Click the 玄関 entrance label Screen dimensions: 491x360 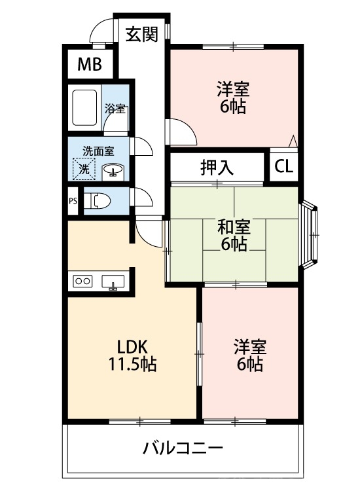(x=142, y=35)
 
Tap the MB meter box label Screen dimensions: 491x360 (x=89, y=64)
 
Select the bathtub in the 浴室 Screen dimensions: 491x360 (x=85, y=107)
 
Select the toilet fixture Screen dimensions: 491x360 (x=99, y=200)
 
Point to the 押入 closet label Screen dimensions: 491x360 (x=217, y=167)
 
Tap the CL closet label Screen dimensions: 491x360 (x=283, y=166)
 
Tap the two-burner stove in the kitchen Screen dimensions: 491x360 (x=83, y=281)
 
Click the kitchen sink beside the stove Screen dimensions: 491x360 (x=113, y=282)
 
